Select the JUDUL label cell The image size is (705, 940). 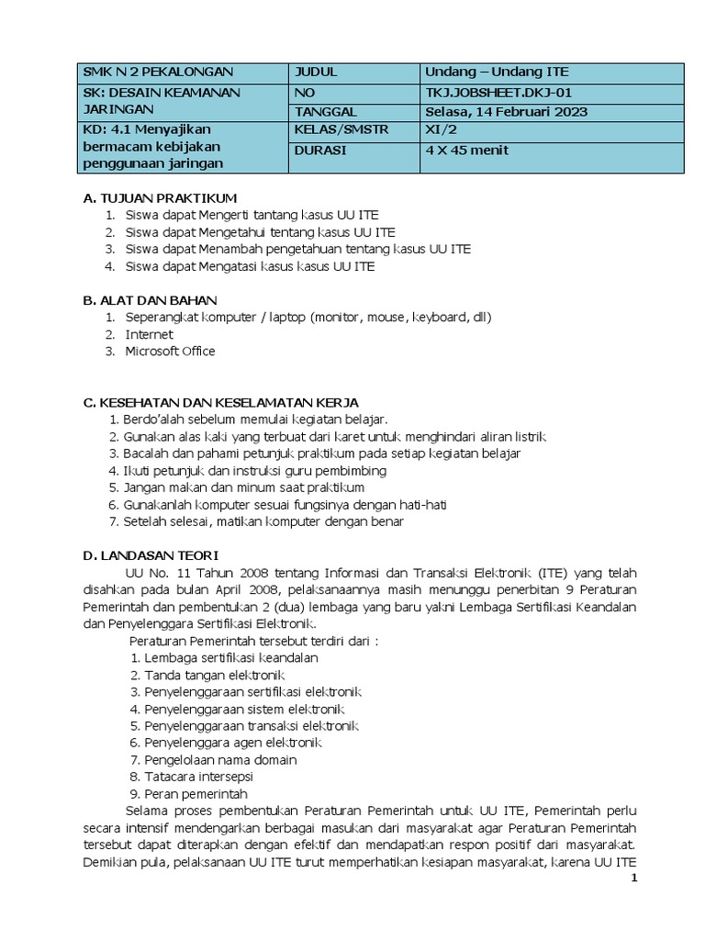point(316,72)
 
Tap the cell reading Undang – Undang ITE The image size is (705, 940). point(497,72)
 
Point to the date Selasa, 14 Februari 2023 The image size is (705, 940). point(506,112)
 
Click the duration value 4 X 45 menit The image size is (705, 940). point(466,151)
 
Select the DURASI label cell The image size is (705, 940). point(320,151)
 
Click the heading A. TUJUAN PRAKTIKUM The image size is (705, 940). point(160,198)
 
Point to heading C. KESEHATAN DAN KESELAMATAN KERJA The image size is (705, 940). point(220,402)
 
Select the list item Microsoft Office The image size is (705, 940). point(171,351)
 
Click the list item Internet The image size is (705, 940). point(150,334)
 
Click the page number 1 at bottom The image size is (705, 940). point(632,879)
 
